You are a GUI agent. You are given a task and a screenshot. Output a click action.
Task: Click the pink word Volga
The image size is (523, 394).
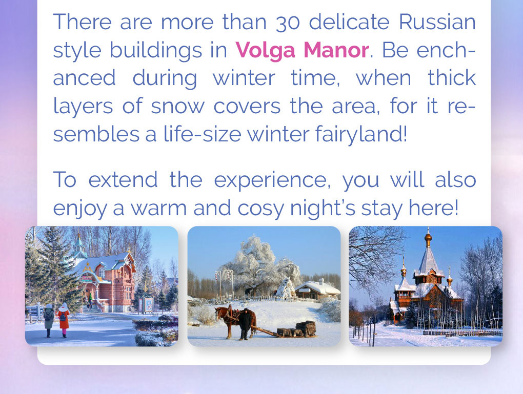coord(266,50)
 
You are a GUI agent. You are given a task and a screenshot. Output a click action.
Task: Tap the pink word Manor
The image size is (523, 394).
coord(336,50)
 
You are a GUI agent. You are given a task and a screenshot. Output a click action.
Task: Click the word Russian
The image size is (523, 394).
coord(437,22)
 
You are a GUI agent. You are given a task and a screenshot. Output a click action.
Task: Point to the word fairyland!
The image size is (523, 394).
coord(361,134)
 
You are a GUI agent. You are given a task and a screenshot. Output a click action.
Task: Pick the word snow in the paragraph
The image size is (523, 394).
coord(178,107)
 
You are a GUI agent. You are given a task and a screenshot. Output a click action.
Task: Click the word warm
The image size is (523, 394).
coord(158,209)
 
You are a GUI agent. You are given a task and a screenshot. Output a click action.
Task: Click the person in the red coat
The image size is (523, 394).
coord(63,320)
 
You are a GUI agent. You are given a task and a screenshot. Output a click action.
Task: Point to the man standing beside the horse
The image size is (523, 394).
coord(245,324)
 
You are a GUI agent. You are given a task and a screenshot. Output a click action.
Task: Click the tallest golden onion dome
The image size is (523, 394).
coord(428,238)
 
